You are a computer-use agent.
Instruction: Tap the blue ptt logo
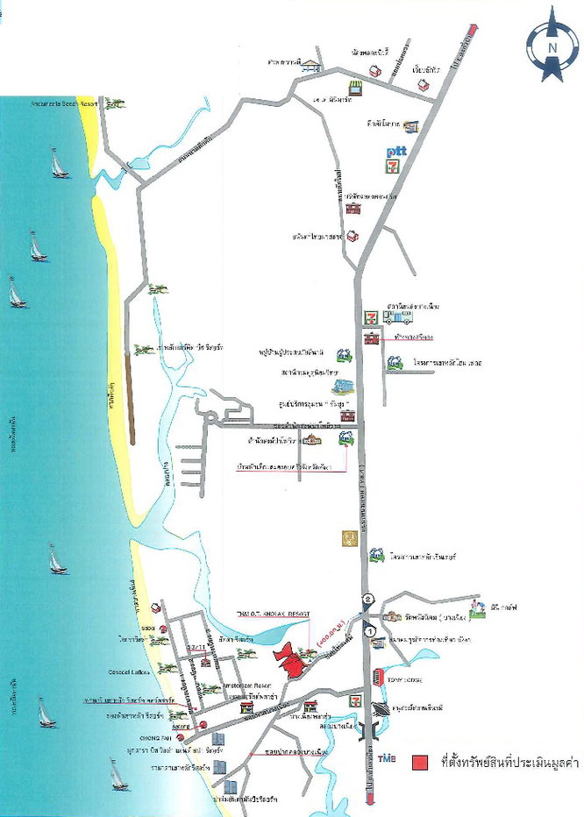coord(395,153)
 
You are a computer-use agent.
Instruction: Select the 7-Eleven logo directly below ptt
coord(395,166)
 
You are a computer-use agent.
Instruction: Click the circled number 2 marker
coord(369,600)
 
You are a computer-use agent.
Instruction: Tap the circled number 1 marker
coord(370,630)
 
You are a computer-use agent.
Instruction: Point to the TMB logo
coord(386,757)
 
